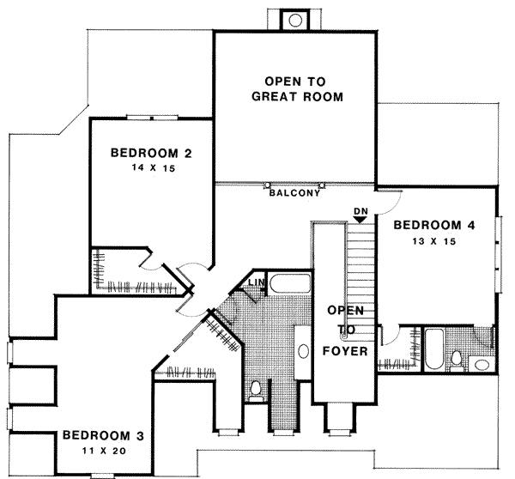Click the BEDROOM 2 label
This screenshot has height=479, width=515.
(151, 154)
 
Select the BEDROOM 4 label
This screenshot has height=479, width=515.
(433, 226)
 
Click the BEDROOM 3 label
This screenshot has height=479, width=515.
(102, 435)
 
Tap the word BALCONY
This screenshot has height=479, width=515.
(294, 193)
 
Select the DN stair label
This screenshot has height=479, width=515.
(360, 209)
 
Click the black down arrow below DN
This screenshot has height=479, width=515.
(360, 220)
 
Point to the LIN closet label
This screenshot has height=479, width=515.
(256, 282)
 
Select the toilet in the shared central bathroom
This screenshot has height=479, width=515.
(255, 391)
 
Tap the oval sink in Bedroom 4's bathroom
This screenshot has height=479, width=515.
(479, 364)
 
